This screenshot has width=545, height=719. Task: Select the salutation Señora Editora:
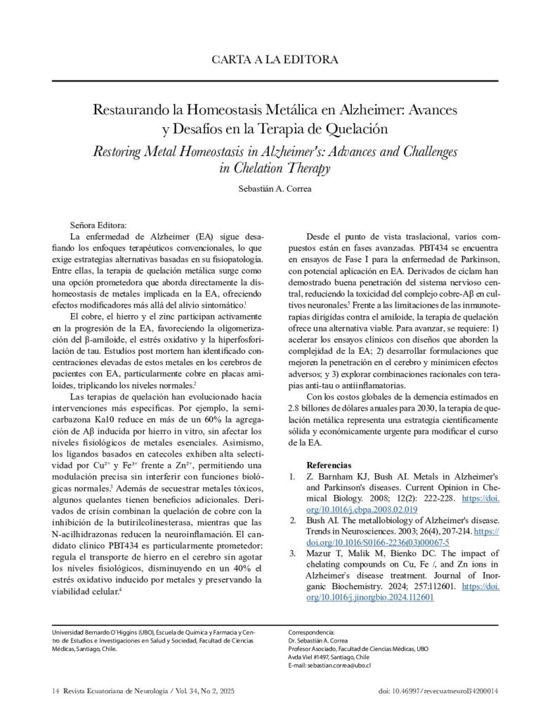pos(98,225)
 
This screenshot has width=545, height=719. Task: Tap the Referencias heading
pos(329,466)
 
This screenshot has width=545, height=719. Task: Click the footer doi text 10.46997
pos(412,692)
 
